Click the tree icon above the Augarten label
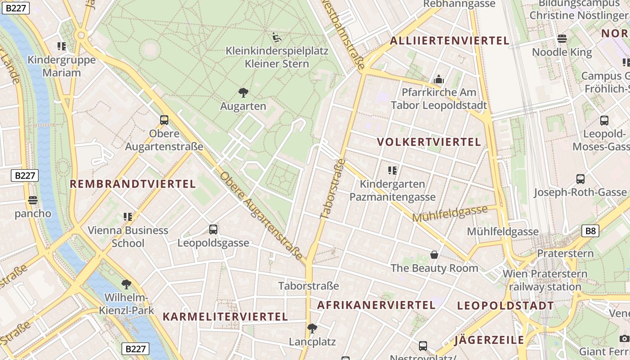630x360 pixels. [x=243, y=93]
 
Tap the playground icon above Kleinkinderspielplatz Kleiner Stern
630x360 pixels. [x=277, y=37]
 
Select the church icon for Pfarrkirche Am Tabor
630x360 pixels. [x=439, y=80]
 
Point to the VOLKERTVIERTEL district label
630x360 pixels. [x=429, y=142]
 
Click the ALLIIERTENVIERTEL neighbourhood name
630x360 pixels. [x=450, y=40]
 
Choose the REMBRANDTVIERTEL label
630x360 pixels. [x=133, y=184]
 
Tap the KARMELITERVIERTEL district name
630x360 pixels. [x=225, y=317]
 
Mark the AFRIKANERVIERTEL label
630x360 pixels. [x=376, y=305]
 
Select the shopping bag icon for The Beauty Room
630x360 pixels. [x=434, y=255]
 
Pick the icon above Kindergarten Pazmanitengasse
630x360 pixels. [x=392, y=171]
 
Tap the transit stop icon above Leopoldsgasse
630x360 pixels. [x=213, y=229]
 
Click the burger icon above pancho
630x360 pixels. [x=33, y=200]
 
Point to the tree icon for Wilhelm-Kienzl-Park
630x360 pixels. [x=126, y=284]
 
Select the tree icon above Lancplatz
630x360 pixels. [x=312, y=328]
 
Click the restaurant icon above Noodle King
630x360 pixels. [x=562, y=39]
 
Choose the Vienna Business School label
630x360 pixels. [x=128, y=237]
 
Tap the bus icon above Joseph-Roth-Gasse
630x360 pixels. [x=580, y=179]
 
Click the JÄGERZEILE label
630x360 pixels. [x=489, y=340]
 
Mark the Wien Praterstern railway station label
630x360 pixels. [x=545, y=280]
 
